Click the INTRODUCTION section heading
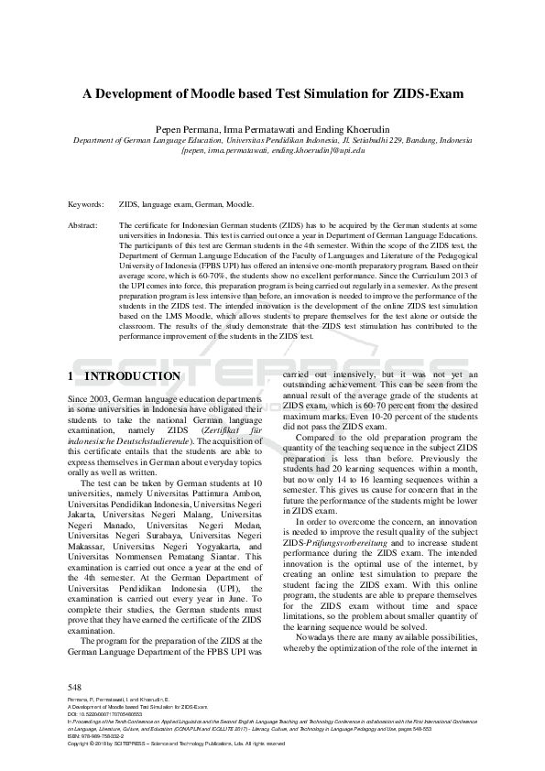point(132,376)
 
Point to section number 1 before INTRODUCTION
point(72,376)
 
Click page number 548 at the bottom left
point(76,687)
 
